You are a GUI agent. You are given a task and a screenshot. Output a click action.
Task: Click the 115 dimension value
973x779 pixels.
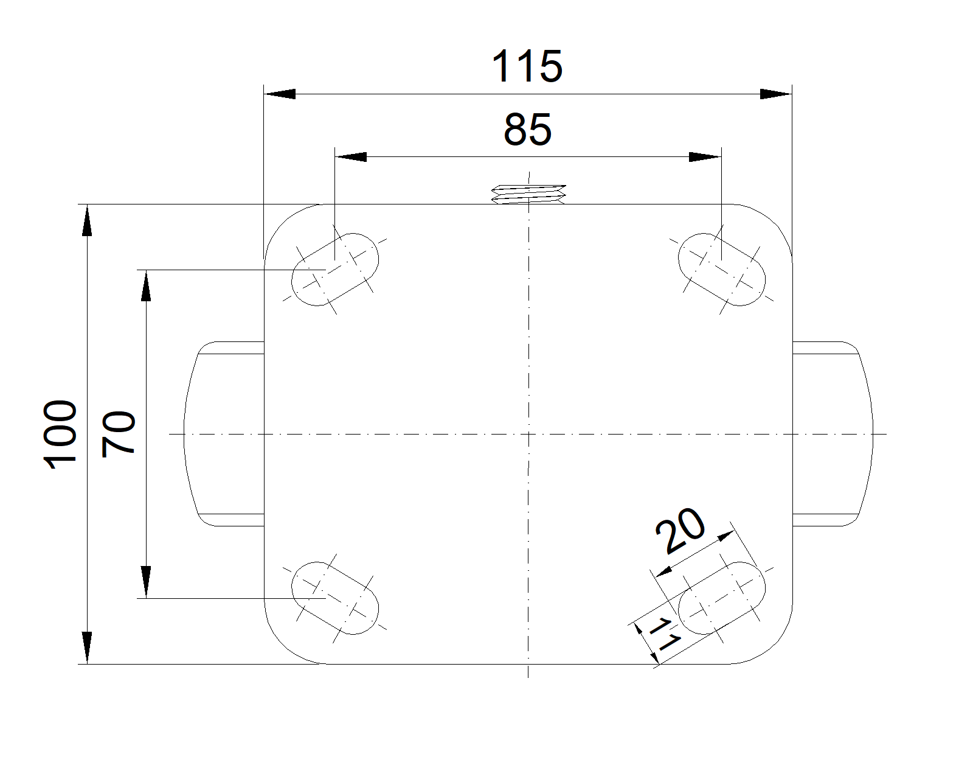click(x=527, y=66)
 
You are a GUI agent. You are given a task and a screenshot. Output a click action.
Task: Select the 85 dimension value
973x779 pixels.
click(x=528, y=130)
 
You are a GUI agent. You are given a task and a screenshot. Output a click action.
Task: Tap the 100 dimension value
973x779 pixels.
click(x=60, y=435)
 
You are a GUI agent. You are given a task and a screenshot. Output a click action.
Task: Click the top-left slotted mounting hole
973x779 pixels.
click(x=335, y=270)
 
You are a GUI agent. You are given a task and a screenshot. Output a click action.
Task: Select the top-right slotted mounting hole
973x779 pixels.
click(x=722, y=270)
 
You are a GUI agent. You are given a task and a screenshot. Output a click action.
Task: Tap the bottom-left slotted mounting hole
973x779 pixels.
click(x=335, y=598)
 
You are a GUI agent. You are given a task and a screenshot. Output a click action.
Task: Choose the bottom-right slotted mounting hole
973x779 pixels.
click(x=722, y=598)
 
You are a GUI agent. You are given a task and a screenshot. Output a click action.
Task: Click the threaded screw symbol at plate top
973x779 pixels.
click(x=528, y=194)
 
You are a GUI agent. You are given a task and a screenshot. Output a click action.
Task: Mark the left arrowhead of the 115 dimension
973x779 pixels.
click(x=279, y=94)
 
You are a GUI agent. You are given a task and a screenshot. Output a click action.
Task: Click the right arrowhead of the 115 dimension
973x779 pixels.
click(x=776, y=94)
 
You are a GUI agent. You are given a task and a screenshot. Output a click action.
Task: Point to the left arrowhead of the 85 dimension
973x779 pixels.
click(x=350, y=157)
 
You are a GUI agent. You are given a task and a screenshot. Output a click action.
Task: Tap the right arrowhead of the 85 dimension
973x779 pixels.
click(x=705, y=157)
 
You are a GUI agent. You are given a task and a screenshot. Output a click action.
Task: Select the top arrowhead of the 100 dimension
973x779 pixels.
click(x=87, y=220)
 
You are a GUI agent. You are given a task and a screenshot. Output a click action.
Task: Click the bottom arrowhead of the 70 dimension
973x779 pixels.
click(x=145, y=582)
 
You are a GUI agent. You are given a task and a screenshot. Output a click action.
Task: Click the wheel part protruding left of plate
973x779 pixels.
click(x=224, y=434)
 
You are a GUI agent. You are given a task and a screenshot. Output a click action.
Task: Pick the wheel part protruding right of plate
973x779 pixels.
click(x=833, y=434)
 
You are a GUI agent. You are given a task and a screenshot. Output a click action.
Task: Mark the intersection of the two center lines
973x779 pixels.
click(x=528, y=434)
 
